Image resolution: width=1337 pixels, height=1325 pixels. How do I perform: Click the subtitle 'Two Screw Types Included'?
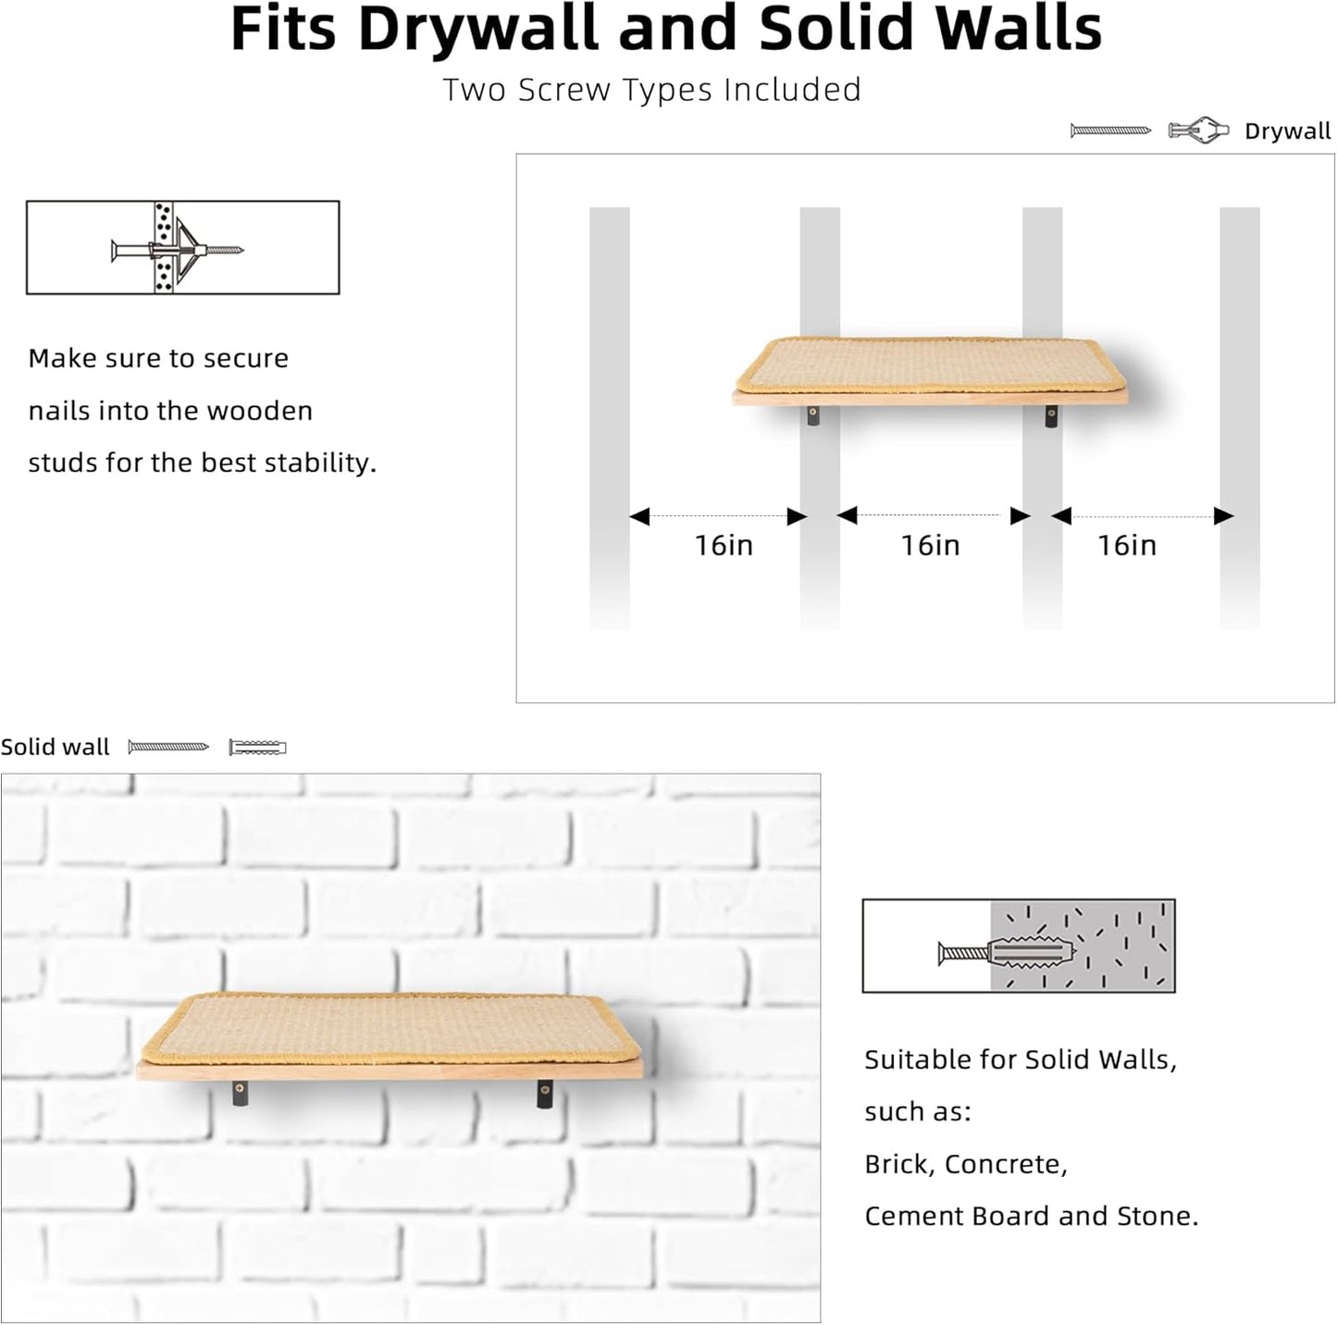click(651, 90)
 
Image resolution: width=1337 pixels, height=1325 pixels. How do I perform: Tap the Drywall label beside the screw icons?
click(1287, 131)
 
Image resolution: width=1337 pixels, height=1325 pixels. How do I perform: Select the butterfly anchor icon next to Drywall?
click(1198, 130)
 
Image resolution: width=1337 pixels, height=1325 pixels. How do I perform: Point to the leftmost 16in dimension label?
click(724, 545)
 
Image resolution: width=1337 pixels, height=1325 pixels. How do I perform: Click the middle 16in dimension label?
click(930, 545)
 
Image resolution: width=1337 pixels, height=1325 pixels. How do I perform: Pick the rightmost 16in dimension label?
click(1126, 545)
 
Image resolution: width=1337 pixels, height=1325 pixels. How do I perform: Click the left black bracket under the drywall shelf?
click(813, 415)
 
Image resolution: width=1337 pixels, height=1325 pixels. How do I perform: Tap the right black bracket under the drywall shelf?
click(1051, 416)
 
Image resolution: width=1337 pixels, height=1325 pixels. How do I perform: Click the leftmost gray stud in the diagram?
click(609, 416)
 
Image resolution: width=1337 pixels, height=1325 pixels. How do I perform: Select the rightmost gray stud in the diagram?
click(1239, 416)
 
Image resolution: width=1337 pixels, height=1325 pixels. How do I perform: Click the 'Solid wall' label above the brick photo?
click(55, 747)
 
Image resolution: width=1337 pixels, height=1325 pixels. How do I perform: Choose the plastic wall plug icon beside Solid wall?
click(257, 747)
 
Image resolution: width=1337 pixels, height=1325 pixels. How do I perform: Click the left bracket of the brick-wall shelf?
click(240, 1094)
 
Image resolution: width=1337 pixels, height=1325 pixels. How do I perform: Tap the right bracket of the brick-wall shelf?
click(545, 1096)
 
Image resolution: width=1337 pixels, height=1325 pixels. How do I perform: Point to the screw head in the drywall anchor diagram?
click(116, 249)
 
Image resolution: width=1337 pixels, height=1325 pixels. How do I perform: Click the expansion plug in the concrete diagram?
click(1033, 950)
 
